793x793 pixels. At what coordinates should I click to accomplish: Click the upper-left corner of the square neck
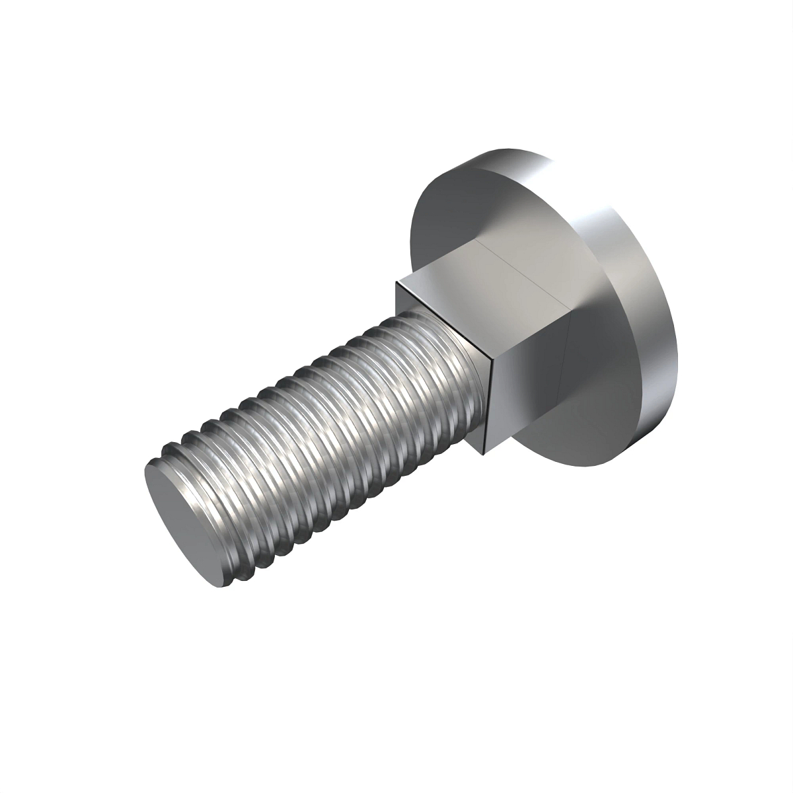(x=397, y=282)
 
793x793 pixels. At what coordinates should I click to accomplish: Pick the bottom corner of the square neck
(x=487, y=455)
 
